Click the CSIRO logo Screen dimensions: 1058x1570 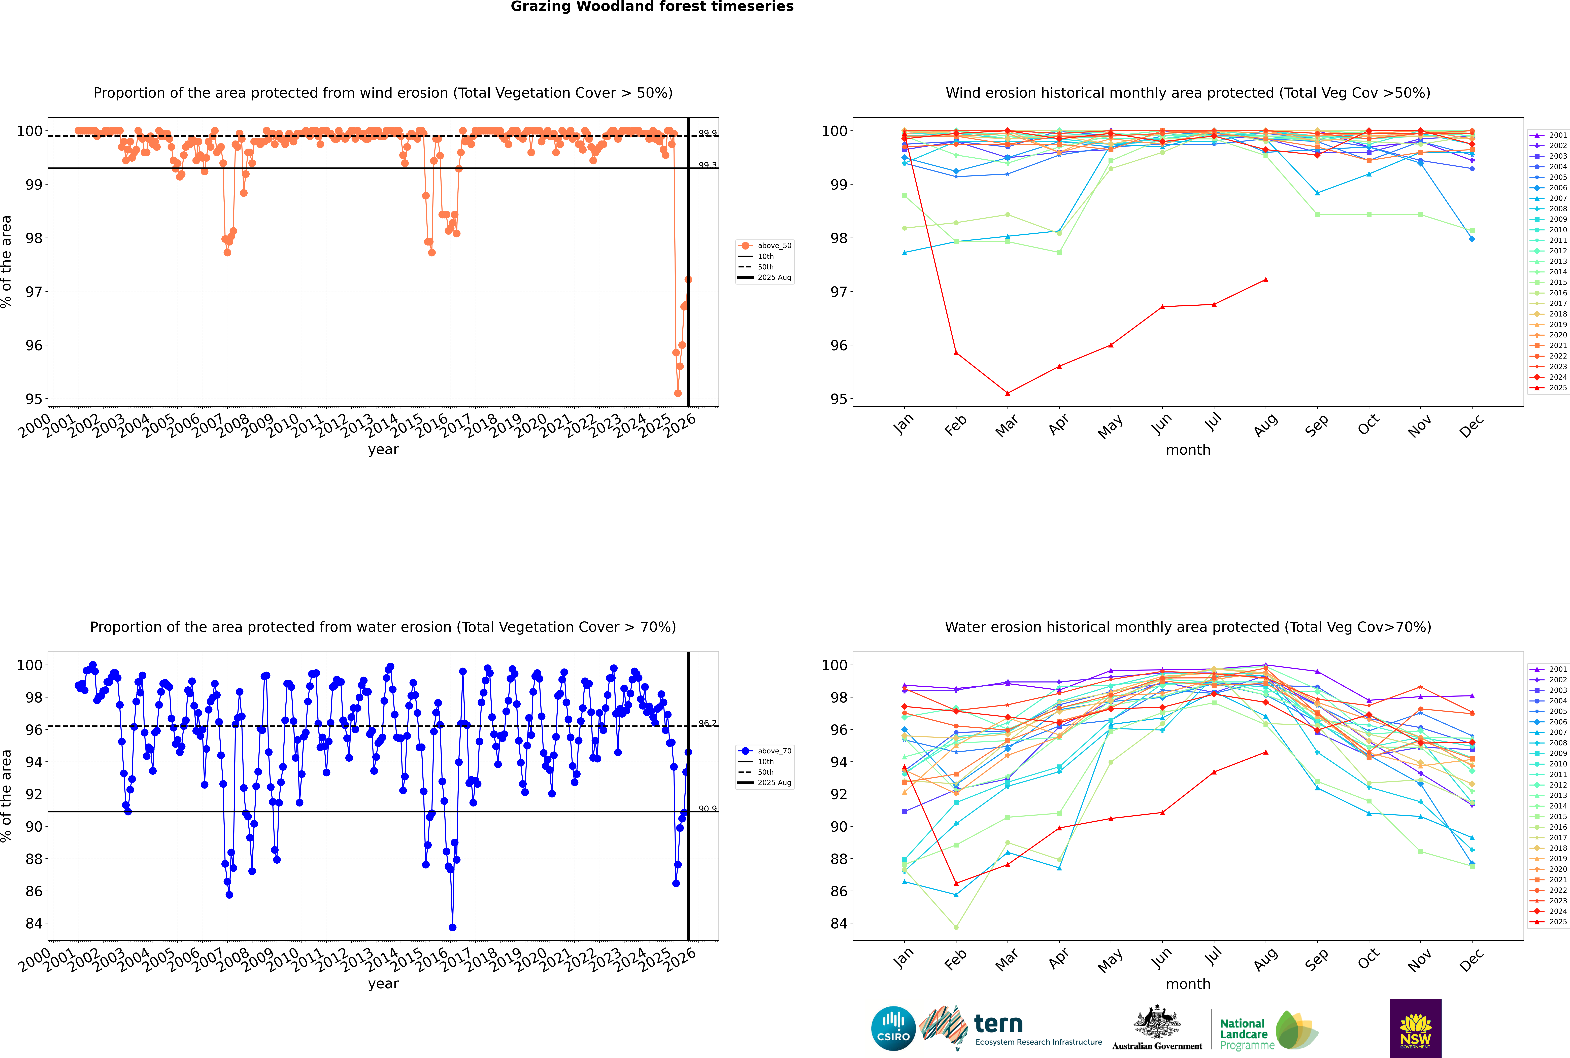click(893, 1028)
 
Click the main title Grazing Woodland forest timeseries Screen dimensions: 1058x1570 click(652, 7)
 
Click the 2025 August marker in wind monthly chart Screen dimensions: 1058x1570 click(1266, 279)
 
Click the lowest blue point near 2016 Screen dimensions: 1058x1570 click(452, 928)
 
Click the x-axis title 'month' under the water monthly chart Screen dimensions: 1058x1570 click(1188, 984)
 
